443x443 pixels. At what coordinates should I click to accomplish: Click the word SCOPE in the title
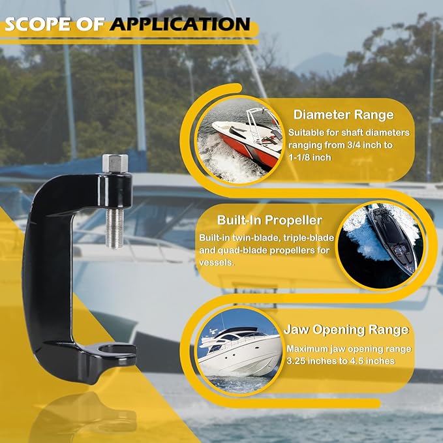[x=38, y=24]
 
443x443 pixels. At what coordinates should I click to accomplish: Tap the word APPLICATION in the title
[x=180, y=24]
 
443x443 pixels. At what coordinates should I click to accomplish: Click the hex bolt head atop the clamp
[x=115, y=163]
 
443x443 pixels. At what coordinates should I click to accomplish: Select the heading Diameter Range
[x=344, y=115]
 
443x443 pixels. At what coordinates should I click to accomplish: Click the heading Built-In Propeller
[x=269, y=221]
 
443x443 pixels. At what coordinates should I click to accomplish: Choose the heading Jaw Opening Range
[x=346, y=329]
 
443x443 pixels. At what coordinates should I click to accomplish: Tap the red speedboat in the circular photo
[x=247, y=140]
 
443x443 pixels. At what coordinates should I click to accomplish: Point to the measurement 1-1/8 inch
[x=310, y=158]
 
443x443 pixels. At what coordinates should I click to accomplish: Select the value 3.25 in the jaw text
[x=296, y=361]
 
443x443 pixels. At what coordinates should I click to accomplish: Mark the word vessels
[x=217, y=263]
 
